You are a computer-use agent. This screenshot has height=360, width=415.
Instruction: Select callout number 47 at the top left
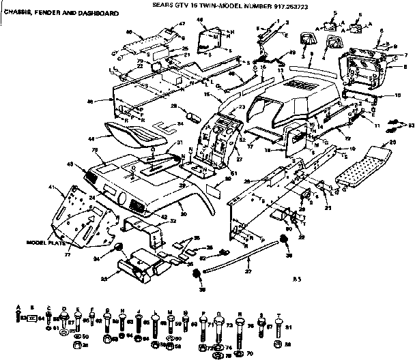click(182, 24)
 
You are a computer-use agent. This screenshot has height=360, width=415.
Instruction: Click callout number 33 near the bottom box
click(103, 278)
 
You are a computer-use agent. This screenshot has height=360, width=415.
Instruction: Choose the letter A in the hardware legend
click(19, 307)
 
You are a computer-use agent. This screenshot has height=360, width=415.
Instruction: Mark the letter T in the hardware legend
click(278, 307)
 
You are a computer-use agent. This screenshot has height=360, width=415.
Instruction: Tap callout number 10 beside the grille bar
click(398, 96)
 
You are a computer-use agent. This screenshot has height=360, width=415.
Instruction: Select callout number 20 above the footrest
click(392, 142)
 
